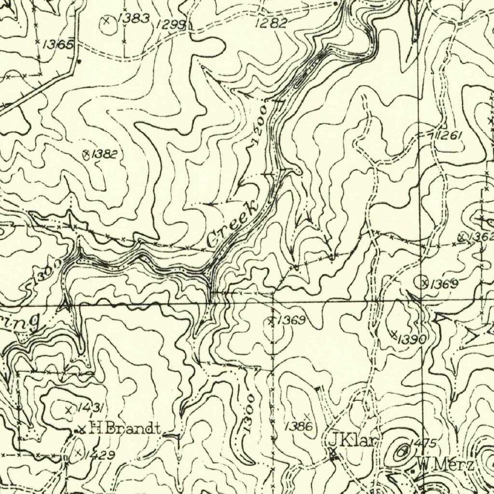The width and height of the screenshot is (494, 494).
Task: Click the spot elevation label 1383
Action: (134, 19)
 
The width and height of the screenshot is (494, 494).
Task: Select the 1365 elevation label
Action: (58, 45)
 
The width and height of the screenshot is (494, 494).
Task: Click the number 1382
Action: (104, 154)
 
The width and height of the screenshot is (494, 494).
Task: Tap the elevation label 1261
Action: (449, 136)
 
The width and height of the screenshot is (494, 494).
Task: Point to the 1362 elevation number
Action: (480, 237)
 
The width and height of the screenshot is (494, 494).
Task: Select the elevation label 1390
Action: (412, 339)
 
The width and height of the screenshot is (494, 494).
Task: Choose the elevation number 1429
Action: (99, 455)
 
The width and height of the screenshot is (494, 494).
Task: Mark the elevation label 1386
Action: (299, 426)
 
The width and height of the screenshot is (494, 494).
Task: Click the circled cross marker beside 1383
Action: (107, 20)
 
